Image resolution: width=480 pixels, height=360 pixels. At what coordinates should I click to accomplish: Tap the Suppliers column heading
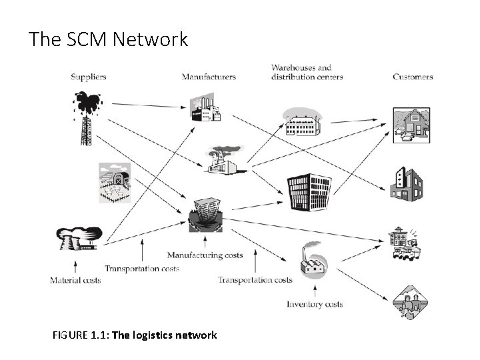pos(89,77)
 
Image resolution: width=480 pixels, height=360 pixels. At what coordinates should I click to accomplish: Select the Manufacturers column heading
pos(209,77)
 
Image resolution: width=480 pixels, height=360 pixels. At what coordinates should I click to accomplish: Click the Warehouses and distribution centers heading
pos(307,72)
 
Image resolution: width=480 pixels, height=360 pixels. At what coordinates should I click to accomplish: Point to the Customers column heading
pos(413,77)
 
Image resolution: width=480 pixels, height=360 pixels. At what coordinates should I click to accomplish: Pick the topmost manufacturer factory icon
pos(205,109)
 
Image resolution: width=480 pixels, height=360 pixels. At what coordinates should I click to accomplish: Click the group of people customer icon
pos(408,303)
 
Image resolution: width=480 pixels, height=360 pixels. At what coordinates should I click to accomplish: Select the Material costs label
pos(75,280)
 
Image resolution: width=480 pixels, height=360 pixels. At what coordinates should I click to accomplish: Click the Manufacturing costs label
pos(205,255)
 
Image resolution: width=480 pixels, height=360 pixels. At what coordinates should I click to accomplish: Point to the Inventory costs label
pos(315,304)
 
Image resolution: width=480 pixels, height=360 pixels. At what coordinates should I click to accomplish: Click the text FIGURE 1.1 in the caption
pos(80,335)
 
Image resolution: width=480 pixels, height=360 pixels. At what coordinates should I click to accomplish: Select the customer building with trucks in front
pos(405,244)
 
